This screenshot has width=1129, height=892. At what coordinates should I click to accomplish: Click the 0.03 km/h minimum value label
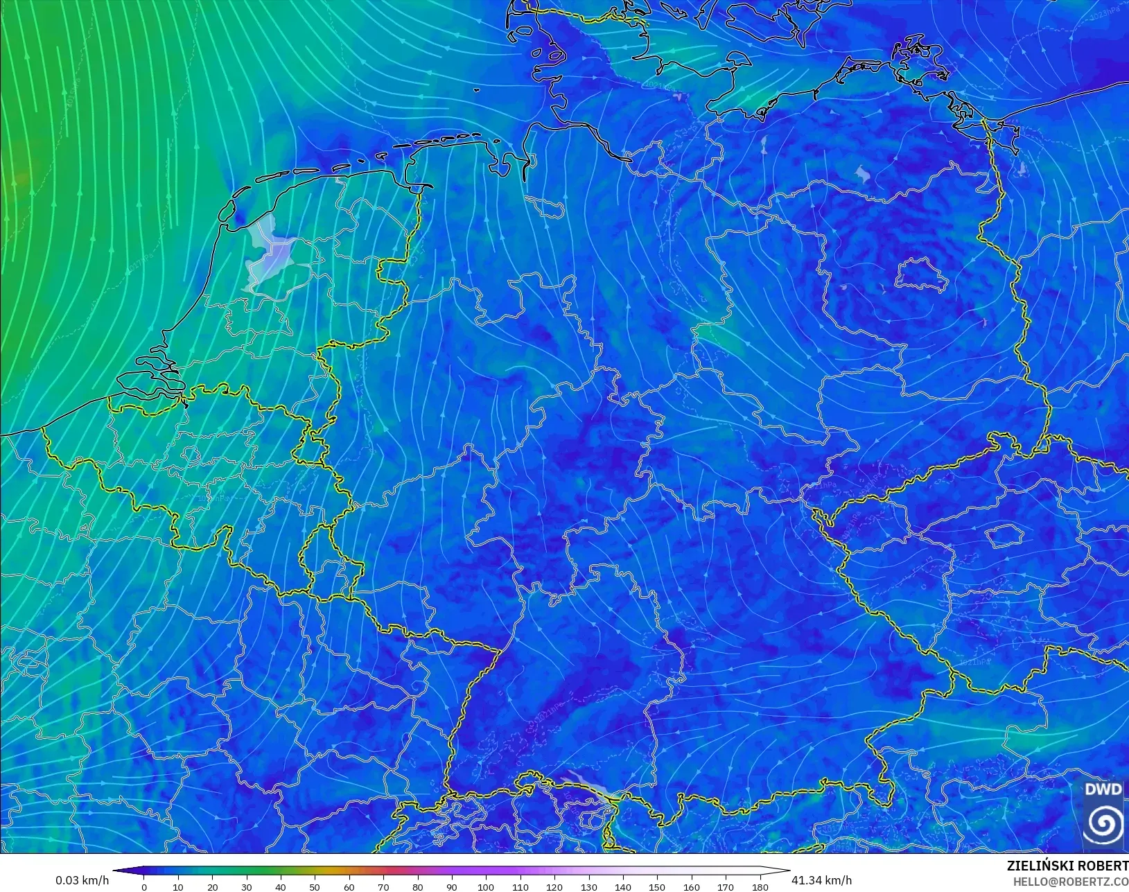(x=82, y=880)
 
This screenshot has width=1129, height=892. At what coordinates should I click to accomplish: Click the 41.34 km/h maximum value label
(x=821, y=880)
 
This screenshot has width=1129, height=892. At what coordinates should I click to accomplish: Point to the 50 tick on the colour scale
(x=315, y=886)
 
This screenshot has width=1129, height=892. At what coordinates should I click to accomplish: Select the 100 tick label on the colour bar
(x=486, y=886)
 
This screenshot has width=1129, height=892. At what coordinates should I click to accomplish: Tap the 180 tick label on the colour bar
(x=760, y=886)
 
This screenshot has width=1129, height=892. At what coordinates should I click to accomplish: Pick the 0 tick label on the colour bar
(x=144, y=886)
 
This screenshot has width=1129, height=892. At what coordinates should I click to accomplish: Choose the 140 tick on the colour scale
(x=622, y=886)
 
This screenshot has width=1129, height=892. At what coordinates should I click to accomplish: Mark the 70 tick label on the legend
(x=383, y=886)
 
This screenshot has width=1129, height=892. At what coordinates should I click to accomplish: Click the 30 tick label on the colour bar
(x=247, y=886)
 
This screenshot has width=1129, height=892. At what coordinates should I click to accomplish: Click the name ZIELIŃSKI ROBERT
(x=1067, y=866)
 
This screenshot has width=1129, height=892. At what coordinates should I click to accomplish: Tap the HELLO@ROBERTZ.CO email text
(x=1071, y=882)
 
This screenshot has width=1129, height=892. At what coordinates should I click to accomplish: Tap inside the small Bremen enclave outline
(x=545, y=206)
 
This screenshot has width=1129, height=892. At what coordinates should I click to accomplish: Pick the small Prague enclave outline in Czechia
(x=1004, y=535)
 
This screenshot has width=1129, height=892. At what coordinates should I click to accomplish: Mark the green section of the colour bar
(x=263, y=871)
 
